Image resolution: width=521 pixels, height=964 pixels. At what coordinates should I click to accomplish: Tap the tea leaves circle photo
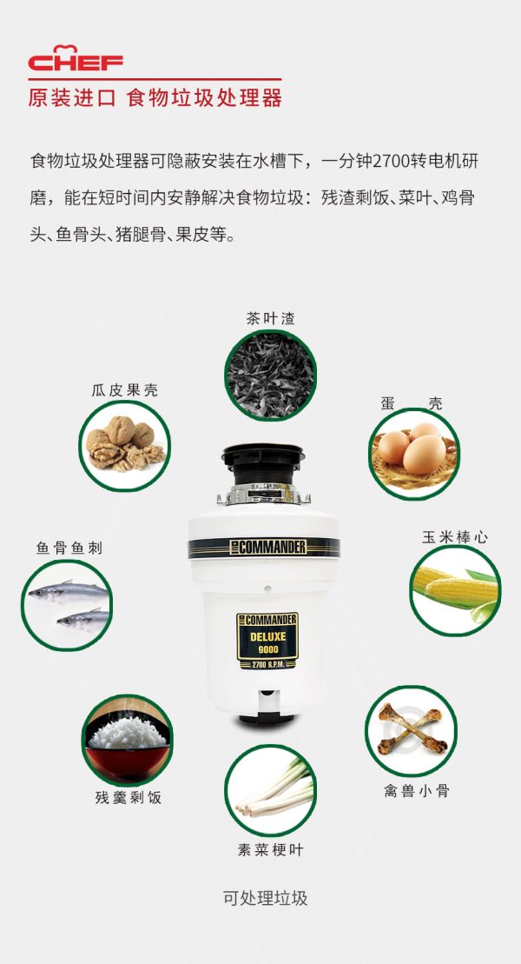pyautogui.click(x=270, y=375)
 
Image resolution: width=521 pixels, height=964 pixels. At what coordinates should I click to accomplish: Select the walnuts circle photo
pyautogui.click(x=125, y=446)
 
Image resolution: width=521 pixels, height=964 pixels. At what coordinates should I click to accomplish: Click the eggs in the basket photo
pyautogui.click(x=414, y=454)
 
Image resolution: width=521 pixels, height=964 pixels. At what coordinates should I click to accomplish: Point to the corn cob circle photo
pyautogui.click(x=455, y=590)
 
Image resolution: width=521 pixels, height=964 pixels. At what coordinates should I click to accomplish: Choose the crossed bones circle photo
pyautogui.click(x=411, y=731)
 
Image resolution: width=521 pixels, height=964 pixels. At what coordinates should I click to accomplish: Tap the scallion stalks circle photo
pyautogui.click(x=270, y=790)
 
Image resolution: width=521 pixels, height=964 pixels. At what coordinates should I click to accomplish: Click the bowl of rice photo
pyautogui.click(x=127, y=740)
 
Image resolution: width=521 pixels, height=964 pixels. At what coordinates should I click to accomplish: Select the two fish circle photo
pyautogui.click(x=67, y=605)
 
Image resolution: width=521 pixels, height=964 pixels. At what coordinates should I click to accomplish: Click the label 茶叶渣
pyautogui.click(x=270, y=318)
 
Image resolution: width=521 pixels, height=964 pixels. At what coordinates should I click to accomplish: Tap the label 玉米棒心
pyautogui.click(x=455, y=536)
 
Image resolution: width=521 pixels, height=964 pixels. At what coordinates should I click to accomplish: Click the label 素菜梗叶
pyautogui.click(x=270, y=849)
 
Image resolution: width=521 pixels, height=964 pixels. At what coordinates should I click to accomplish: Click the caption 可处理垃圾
pyautogui.click(x=265, y=898)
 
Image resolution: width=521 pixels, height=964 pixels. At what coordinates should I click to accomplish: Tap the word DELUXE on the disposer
pyautogui.click(x=267, y=636)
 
